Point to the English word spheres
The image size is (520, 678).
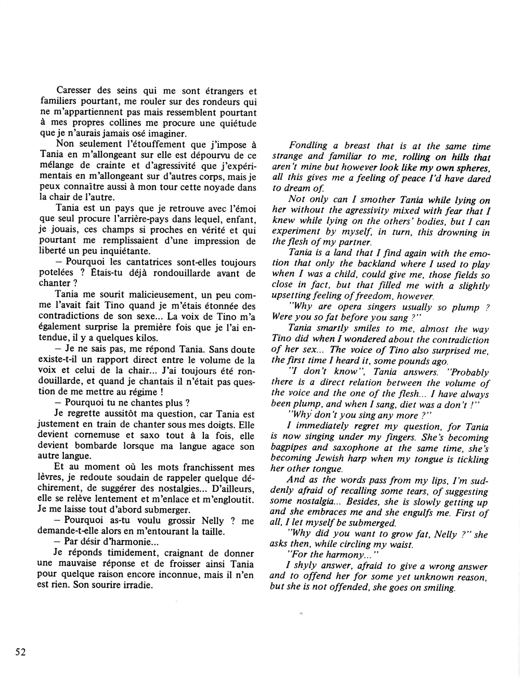click(472, 168)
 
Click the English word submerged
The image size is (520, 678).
click(373, 523)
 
